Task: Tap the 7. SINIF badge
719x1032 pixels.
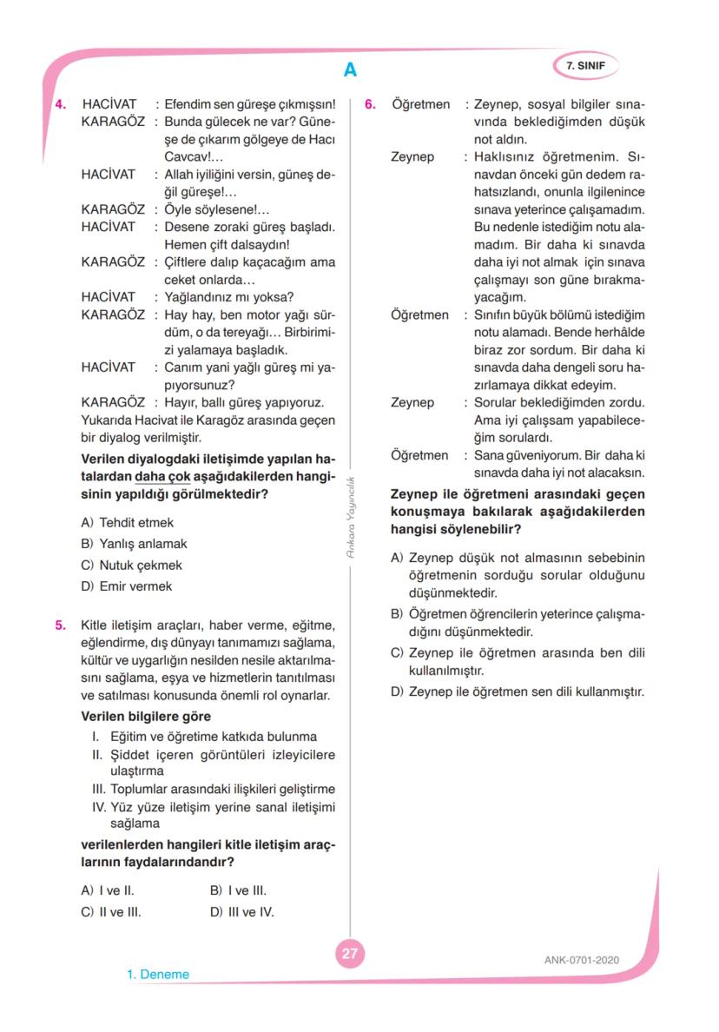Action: [585, 64]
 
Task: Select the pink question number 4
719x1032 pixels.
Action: [61, 104]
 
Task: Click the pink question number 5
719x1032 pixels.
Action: [61, 625]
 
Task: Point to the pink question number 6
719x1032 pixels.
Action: [370, 104]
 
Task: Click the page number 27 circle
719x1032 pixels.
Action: [349, 953]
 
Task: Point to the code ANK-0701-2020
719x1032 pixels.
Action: [581, 960]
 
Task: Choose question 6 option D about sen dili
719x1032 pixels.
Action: [516, 692]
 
